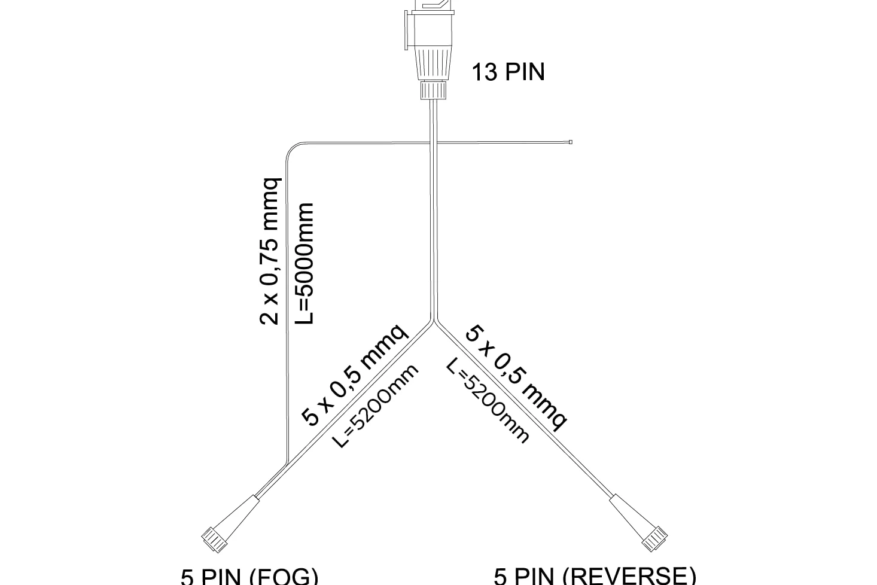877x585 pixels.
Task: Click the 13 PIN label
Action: [508, 72]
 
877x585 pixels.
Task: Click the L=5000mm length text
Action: [304, 263]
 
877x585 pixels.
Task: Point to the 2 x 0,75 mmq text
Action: [270, 251]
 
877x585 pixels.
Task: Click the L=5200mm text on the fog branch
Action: [375, 406]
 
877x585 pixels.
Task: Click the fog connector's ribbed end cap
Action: [215, 540]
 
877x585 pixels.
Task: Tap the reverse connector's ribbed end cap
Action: [654, 539]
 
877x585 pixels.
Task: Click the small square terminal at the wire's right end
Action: [571, 142]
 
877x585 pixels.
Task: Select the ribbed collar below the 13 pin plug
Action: [433, 90]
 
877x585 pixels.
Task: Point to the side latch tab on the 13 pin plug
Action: [407, 29]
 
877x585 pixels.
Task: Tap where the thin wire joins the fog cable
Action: [288, 462]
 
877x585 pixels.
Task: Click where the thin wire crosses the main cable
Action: [434, 142]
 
